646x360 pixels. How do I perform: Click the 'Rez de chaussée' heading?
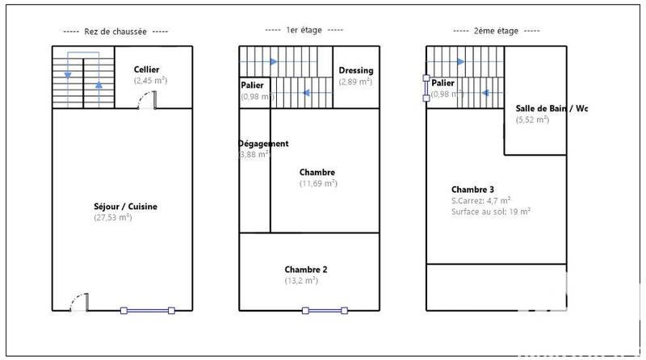tap(115, 31)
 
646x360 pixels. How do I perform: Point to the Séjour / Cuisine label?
tap(125, 207)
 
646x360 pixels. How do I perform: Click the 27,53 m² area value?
tap(113, 217)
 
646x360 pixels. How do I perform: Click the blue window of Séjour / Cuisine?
tap(147, 310)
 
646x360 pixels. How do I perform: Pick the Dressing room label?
tap(355, 70)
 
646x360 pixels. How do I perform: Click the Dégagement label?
tap(263, 144)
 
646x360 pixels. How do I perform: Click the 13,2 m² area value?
tap(300, 280)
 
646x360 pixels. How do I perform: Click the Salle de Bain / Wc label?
tap(552, 108)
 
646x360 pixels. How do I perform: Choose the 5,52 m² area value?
tap(532, 119)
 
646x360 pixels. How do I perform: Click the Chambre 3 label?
tap(472, 189)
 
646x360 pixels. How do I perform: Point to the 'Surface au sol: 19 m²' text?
tap(490, 211)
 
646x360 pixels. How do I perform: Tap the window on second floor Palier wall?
tap(426, 89)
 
